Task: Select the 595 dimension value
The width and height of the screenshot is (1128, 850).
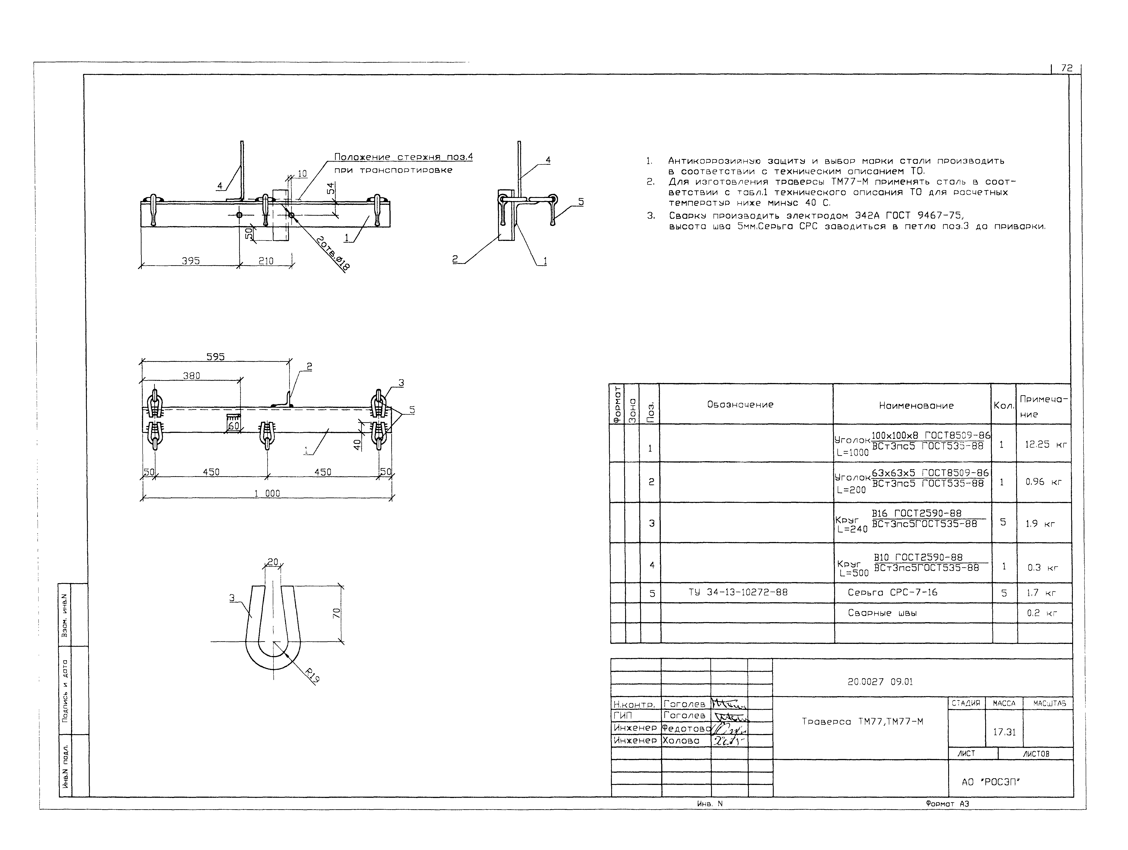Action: (x=215, y=357)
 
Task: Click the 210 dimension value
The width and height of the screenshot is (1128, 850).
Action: (x=266, y=261)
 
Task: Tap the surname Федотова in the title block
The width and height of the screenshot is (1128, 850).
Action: (x=686, y=728)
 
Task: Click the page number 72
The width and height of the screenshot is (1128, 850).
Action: (x=1067, y=68)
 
